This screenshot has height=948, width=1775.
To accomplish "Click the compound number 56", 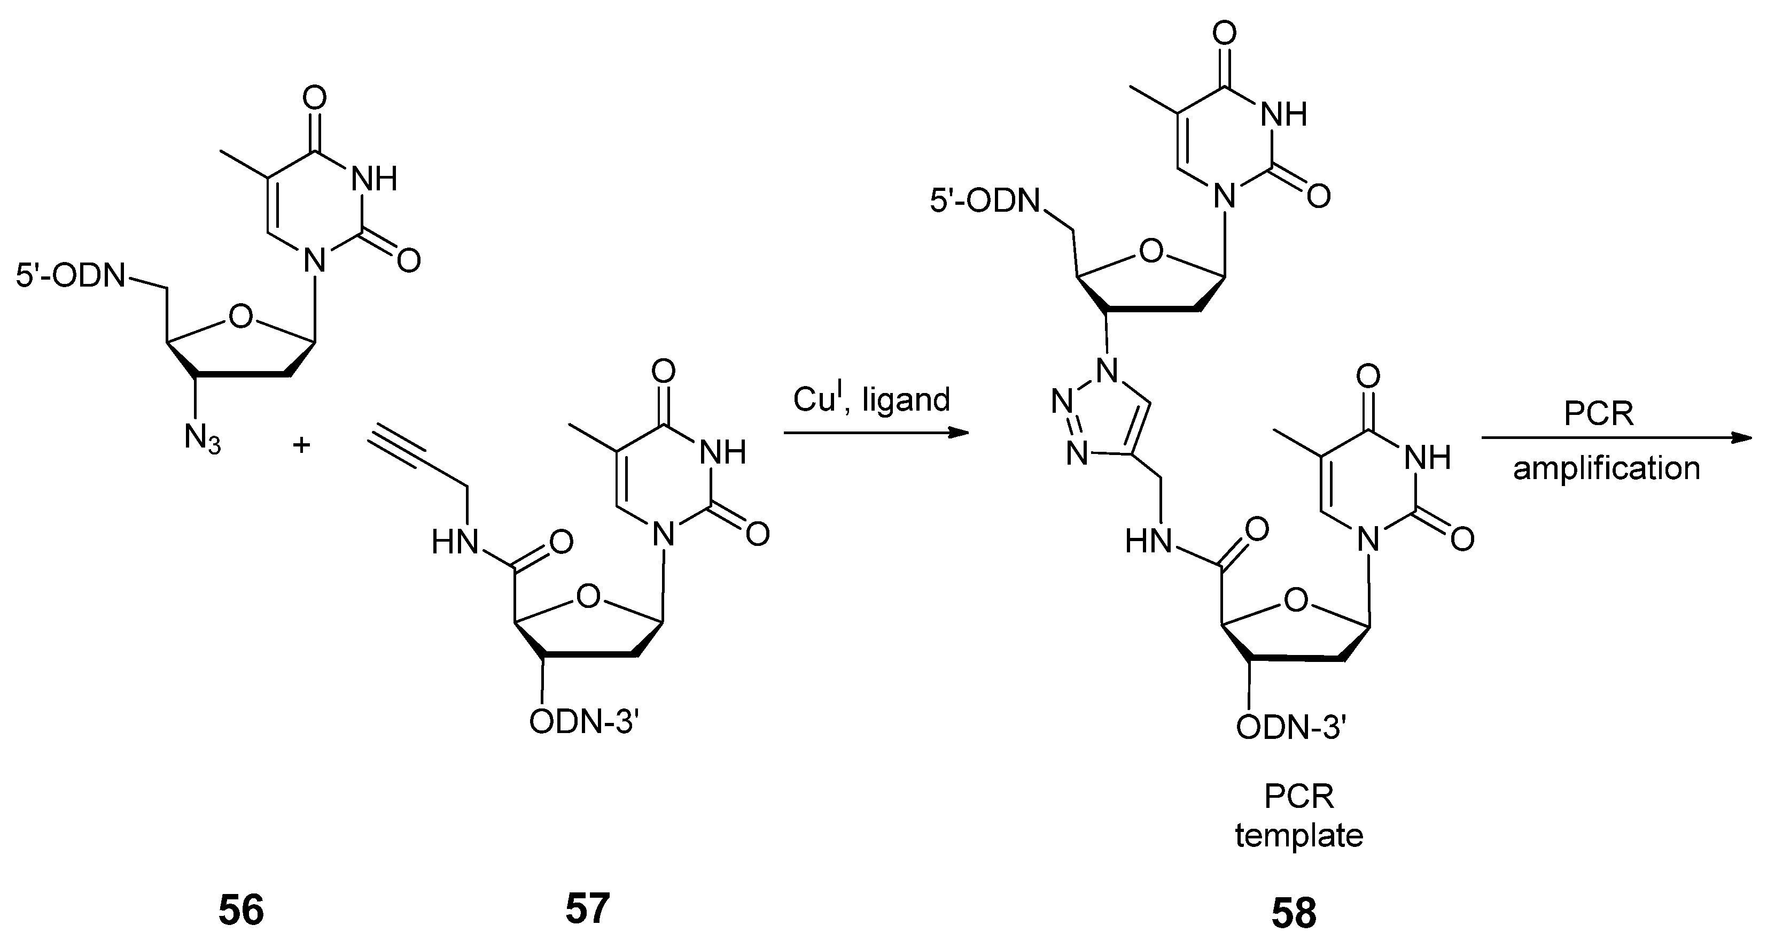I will (241, 910).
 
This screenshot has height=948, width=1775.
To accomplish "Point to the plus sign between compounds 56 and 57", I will (301, 445).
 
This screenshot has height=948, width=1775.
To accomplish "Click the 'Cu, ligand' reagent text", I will (871, 399).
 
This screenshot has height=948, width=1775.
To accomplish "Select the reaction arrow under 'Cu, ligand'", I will (875, 433).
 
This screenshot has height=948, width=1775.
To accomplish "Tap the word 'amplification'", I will (1606, 469).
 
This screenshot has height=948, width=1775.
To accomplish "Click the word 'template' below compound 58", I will (1299, 836).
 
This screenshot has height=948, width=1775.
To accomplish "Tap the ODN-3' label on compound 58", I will (1291, 727).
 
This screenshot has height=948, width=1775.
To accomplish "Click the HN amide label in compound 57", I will (455, 543).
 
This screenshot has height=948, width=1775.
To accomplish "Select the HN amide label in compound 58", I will (1149, 542).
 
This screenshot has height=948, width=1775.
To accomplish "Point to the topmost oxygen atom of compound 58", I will (1224, 33).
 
